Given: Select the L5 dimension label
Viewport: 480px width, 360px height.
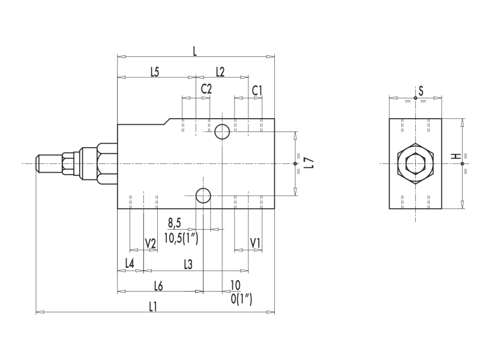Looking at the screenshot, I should [154, 71].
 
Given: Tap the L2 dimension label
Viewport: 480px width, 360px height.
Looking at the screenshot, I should [220, 71].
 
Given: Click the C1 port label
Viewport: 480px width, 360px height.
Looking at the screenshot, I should [257, 89].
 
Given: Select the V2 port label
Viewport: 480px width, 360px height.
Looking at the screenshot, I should [151, 244].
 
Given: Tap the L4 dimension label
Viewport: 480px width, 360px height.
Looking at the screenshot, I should [130, 263].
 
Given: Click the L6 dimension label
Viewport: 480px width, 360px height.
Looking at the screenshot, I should [159, 284].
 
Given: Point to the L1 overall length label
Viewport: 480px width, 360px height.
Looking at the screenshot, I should [153, 306].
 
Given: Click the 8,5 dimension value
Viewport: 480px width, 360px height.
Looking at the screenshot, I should [174, 223].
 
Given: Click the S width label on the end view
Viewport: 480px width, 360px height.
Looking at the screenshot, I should [421, 91].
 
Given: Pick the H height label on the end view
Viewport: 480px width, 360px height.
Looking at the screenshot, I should [457, 157].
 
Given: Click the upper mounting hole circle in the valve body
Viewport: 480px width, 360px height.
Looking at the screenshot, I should [222, 131].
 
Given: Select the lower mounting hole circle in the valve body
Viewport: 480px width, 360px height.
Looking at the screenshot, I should [203, 194].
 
